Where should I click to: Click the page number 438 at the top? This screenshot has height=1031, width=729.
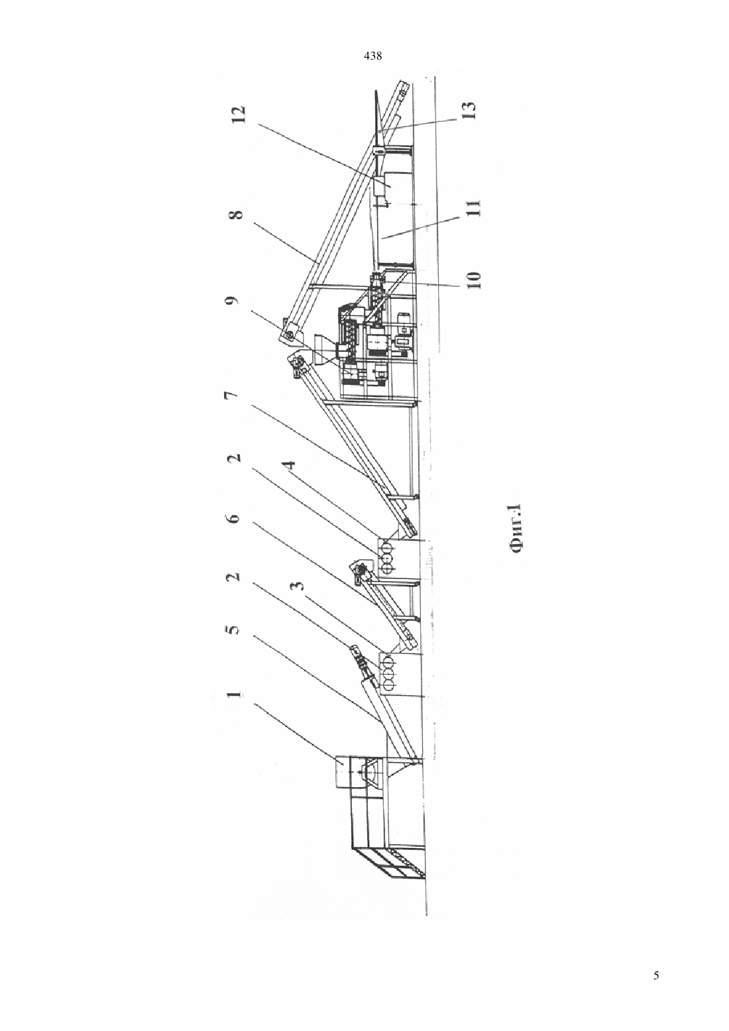point(372,56)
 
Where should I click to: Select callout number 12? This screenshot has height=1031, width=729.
point(239,115)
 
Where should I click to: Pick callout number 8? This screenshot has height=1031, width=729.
point(239,215)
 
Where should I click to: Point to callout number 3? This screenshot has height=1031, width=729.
point(299,586)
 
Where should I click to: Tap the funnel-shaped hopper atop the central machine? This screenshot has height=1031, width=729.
point(320,344)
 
